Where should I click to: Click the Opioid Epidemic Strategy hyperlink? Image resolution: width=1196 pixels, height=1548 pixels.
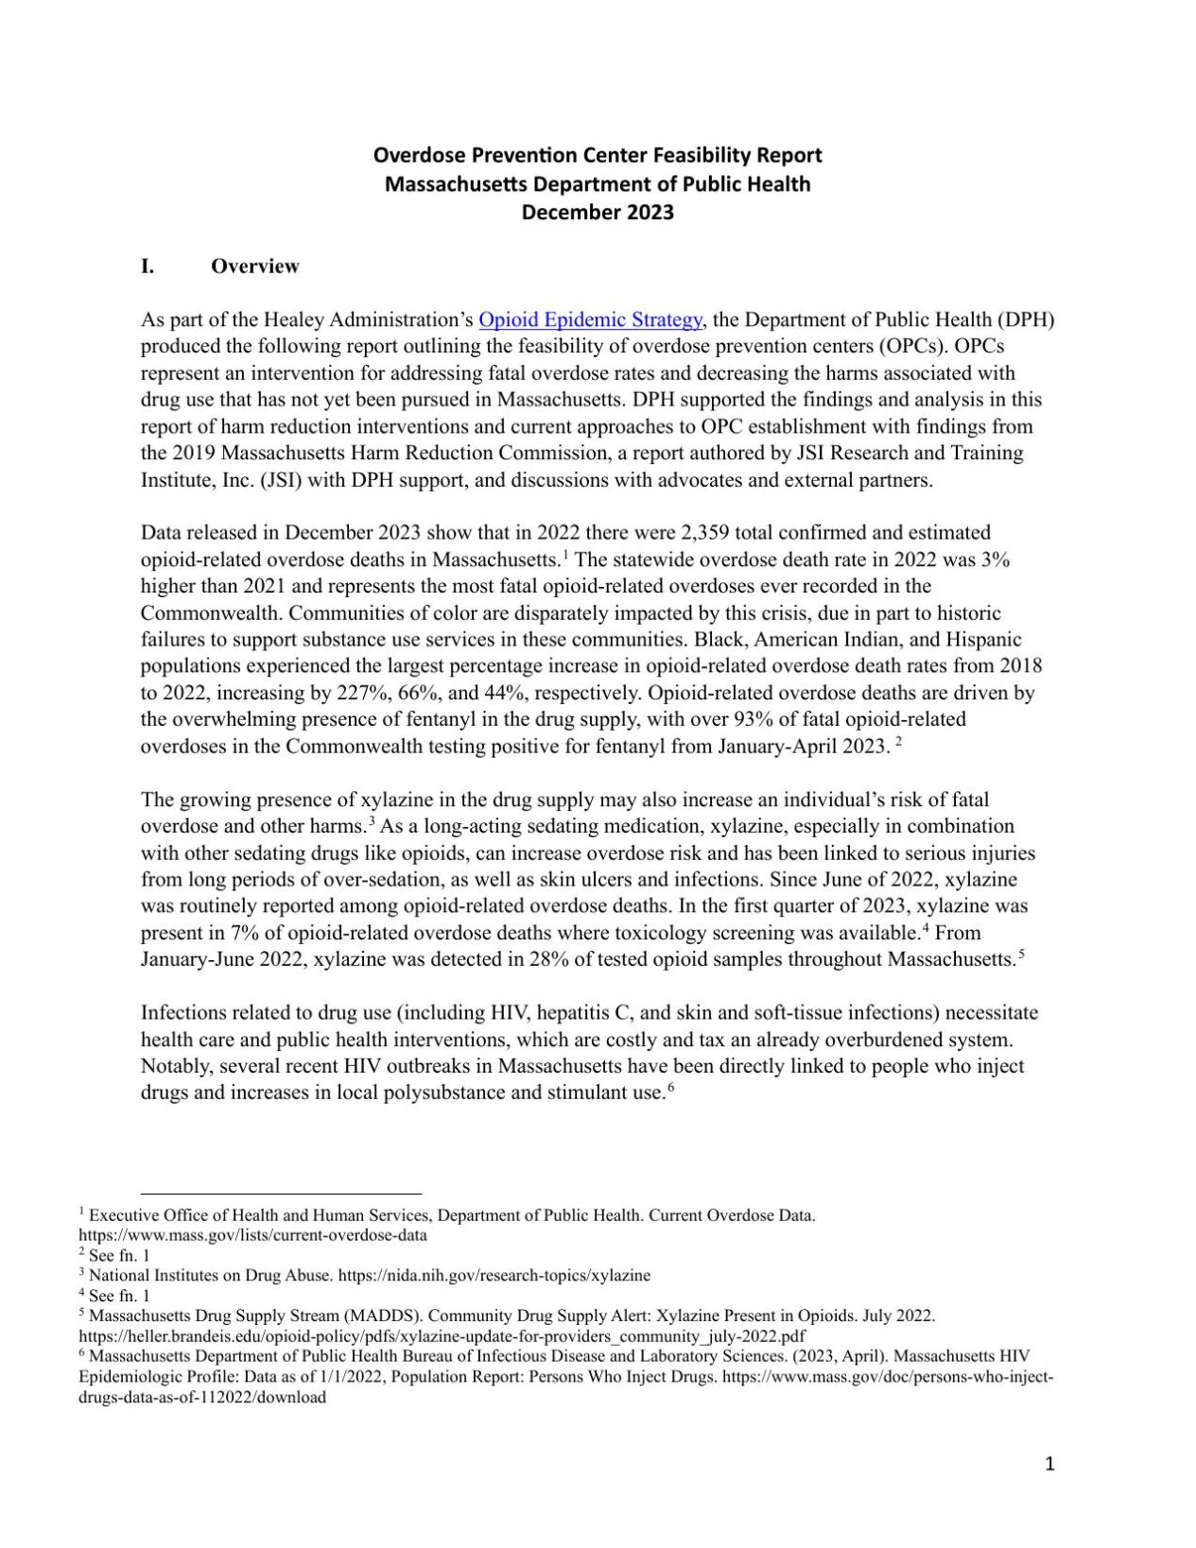click(590, 319)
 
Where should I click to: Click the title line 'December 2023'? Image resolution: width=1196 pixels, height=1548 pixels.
click(598, 212)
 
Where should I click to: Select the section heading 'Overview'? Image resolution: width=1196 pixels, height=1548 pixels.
click(254, 266)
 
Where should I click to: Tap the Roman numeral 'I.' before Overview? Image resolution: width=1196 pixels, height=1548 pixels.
click(148, 266)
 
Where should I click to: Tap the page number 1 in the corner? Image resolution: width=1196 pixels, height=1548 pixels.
click(1049, 1465)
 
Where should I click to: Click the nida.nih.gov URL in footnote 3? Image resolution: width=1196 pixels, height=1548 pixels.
click(494, 1275)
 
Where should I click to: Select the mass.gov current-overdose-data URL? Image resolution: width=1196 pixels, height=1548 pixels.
click(252, 1234)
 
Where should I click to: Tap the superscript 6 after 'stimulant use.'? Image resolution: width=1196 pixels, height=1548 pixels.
click(670, 1088)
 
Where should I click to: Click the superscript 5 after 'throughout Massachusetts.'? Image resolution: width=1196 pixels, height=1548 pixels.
click(1022, 955)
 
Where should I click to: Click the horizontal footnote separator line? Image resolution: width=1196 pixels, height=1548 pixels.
click(281, 1194)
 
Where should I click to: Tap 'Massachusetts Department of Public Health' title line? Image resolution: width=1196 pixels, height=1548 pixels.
click(598, 183)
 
